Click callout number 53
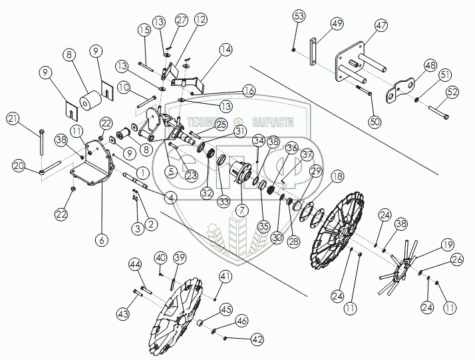(299, 15)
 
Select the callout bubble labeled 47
(381, 27)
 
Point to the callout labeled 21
(13, 118)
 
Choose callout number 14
(226, 49)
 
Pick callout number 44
(240, 210)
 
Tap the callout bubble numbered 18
(338, 176)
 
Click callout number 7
(240, 210)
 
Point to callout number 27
(182, 21)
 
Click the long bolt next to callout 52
(436, 111)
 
